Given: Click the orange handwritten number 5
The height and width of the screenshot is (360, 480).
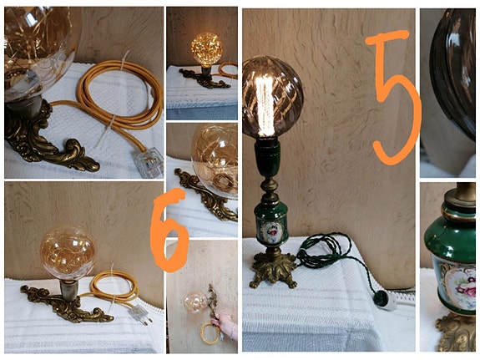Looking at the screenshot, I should tap(391, 96).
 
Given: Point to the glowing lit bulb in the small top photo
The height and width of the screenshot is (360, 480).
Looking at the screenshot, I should tap(205, 48).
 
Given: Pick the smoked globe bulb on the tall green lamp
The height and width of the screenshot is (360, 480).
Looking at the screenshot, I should tap(272, 97).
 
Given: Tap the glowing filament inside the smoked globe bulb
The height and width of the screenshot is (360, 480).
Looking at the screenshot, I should tap(266, 104).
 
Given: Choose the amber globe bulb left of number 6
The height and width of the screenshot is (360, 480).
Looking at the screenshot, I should tap(68, 253).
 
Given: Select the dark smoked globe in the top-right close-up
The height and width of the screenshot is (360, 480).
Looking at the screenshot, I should tap(456, 71).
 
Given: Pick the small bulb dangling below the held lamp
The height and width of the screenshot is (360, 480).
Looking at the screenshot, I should tap(195, 304).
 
